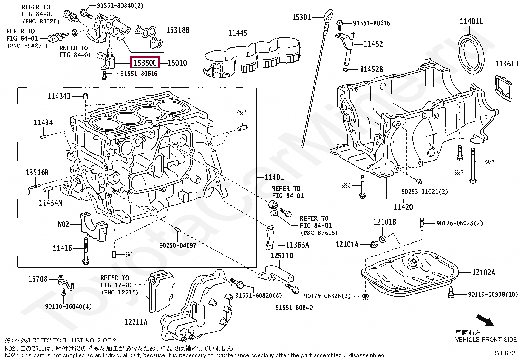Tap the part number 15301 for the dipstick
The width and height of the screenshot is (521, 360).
pos(301,17)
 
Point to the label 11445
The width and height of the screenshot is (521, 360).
pos(238,33)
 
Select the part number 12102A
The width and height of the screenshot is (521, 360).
pos(483,272)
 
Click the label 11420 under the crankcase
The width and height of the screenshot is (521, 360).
pos(403,207)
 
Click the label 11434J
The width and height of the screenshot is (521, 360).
pos(59,96)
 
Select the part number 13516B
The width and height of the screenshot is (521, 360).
pos(37,173)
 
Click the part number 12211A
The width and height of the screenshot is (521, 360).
pos(135,322)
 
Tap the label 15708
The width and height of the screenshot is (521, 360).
pos(38,279)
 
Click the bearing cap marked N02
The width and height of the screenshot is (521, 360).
pos(93,224)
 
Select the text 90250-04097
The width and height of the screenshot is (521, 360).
pos(178,245)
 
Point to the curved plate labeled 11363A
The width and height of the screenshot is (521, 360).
pos(269,236)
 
